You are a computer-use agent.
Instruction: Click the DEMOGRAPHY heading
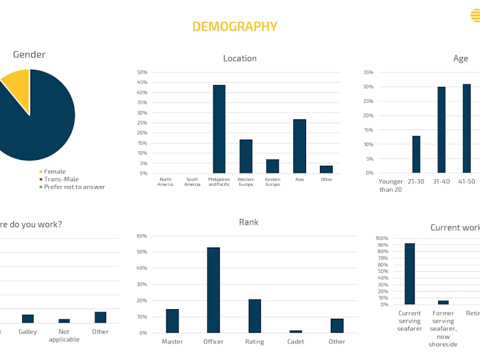[234, 27]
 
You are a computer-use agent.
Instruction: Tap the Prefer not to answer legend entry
[74, 187]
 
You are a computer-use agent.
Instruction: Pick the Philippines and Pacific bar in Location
[219, 129]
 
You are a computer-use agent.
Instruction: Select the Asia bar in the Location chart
[300, 146]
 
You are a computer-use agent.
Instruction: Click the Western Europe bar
[246, 156]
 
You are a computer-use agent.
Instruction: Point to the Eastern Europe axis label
[272, 182]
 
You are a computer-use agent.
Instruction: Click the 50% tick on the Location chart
[142, 72]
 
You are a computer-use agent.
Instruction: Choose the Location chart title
[240, 58]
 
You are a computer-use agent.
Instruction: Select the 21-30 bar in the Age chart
[416, 154]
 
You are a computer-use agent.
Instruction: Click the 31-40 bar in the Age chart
[441, 130]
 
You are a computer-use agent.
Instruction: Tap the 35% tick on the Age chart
[368, 72]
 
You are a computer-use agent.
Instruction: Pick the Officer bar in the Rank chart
[213, 290]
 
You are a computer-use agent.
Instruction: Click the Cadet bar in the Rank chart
[296, 331]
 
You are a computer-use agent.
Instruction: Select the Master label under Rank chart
[172, 342]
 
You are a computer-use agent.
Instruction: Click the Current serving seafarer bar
[410, 274]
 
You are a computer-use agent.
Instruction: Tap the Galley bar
[28, 319]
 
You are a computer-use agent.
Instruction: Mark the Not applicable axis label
[64, 335]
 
